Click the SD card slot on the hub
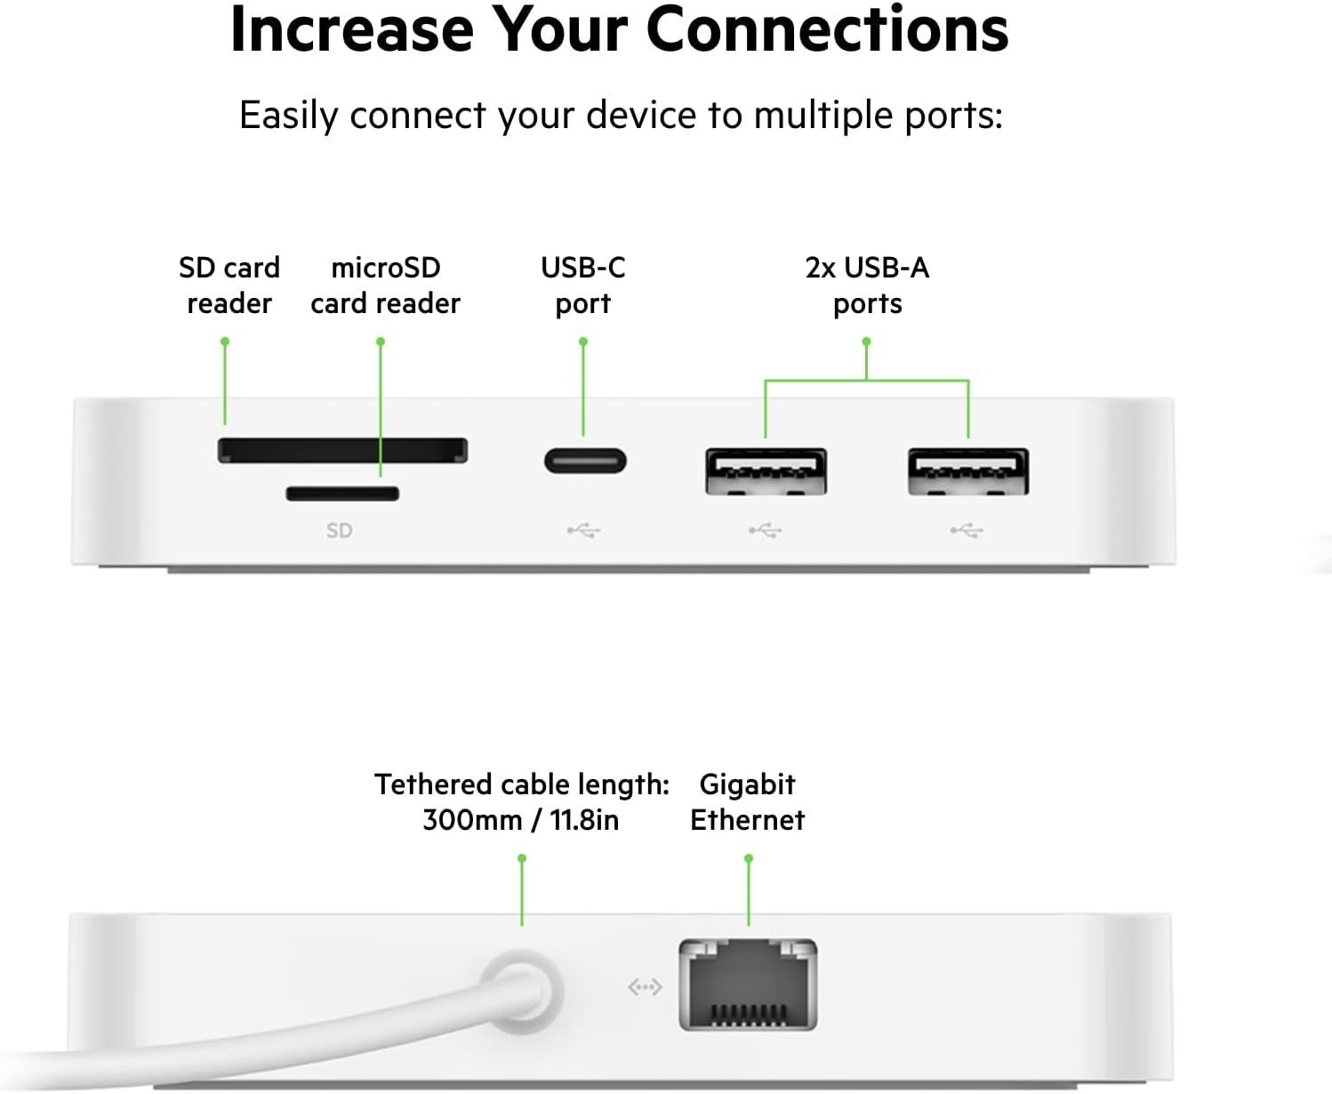point(342,450)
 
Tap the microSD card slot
point(342,494)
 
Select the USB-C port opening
point(585,462)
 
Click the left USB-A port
point(766,471)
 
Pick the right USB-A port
point(967,471)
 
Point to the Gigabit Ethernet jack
point(748,985)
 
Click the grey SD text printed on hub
point(339,531)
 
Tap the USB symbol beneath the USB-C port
point(583,531)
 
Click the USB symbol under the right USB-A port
point(966,531)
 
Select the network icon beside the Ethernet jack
point(645,987)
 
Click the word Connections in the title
point(827,30)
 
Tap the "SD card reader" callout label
point(229,286)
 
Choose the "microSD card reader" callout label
point(385,286)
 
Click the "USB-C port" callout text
point(583,286)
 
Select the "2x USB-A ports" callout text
point(867,286)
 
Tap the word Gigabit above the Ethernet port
point(747,784)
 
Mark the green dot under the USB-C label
point(583,342)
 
